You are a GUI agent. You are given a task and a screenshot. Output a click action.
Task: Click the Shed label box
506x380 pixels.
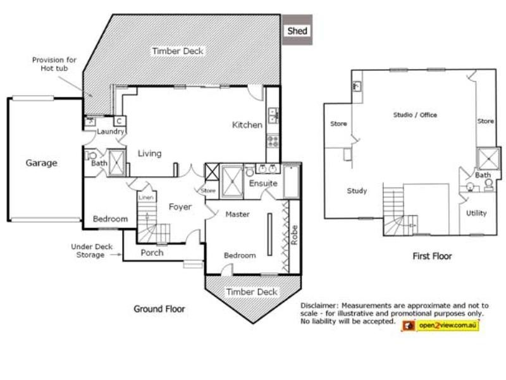pyautogui.click(x=297, y=30)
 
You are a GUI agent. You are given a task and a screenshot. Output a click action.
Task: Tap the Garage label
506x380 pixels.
pyautogui.click(x=41, y=163)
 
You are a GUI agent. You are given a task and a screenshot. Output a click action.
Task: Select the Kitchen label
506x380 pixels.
pyautogui.click(x=247, y=125)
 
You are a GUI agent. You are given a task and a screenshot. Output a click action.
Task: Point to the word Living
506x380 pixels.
pyautogui.click(x=150, y=153)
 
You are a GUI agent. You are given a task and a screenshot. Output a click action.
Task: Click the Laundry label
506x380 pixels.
pyautogui.click(x=109, y=132)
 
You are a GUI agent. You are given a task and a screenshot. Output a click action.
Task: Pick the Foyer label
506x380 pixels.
pyautogui.click(x=180, y=207)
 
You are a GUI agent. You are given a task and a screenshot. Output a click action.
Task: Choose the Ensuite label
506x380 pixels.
pyautogui.click(x=263, y=184)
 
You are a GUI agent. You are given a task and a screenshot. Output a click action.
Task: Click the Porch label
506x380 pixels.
pyautogui.click(x=152, y=253)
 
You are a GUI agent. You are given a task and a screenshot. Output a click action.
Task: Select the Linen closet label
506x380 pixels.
pyautogui.click(x=145, y=198)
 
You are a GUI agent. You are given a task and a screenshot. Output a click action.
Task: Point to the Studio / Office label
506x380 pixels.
pyautogui.click(x=415, y=115)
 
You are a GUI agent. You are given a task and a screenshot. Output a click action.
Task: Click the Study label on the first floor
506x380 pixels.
pyautogui.click(x=357, y=191)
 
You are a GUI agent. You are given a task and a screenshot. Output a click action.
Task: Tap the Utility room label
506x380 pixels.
pyautogui.click(x=476, y=213)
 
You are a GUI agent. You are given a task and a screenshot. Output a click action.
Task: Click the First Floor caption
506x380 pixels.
pyautogui.click(x=432, y=256)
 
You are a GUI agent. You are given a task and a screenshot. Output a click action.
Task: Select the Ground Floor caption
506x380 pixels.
pyautogui.click(x=159, y=309)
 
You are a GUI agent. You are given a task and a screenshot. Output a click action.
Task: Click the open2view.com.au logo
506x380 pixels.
pyautogui.click(x=440, y=326)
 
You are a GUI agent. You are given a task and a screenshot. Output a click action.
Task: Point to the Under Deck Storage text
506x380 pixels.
pyautogui.click(x=92, y=251)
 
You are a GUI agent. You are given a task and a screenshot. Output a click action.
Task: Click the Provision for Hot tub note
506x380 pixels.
pyautogui.click(x=54, y=63)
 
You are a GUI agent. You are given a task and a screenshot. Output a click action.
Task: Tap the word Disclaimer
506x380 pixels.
pyautogui.click(x=321, y=305)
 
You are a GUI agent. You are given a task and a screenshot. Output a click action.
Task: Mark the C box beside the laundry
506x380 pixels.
pyautogui.click(x=118, y=121)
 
